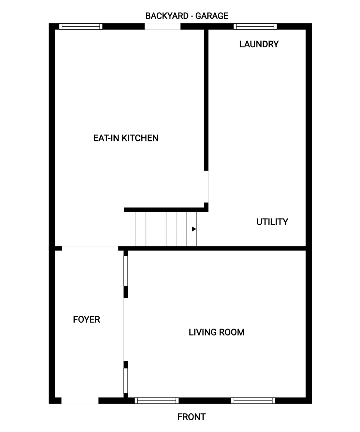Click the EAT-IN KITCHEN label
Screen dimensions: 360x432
[126, 138]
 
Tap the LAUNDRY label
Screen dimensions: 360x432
[259, 44]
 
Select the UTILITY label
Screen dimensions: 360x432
[272, 222]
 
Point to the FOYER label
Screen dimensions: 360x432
[86, 320]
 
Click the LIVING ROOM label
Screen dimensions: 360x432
[217, 332]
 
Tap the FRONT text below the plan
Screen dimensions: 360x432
[191, 417]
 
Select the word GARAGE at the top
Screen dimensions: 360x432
[212, 16]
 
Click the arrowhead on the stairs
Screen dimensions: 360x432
[194, 229]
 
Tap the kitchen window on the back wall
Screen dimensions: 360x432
[81, 26]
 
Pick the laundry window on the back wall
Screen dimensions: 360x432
[255, 26]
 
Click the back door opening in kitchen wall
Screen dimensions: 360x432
[163, 26]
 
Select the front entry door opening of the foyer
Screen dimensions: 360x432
[80, 401]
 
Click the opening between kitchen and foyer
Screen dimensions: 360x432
[90, 248]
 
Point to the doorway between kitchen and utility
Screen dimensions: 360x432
[206, 187]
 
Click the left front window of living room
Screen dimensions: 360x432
[157, 401]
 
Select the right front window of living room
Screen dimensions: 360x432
[253, 401]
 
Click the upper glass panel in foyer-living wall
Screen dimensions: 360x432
[126, 271]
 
